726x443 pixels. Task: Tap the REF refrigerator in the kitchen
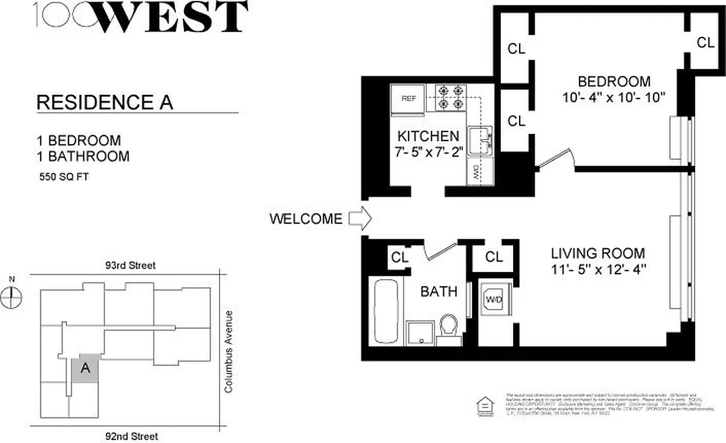tap(408, 99)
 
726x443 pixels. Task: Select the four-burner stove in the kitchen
tap(450, 96)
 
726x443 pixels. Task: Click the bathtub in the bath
tap(385, 312)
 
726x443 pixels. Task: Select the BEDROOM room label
tap(614, 82)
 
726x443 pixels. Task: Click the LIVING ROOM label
tap(598, 254)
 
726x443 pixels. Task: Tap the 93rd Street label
tap(131, 265)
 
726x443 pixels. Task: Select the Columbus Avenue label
tap(229, 352)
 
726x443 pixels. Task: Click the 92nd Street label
tap(133, 436)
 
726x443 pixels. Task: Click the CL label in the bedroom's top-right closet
tap(705, 43)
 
